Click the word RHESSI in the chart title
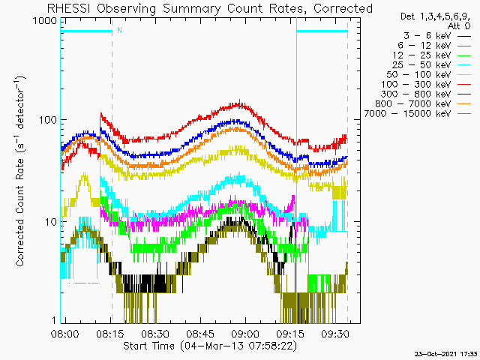[70, 8]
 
